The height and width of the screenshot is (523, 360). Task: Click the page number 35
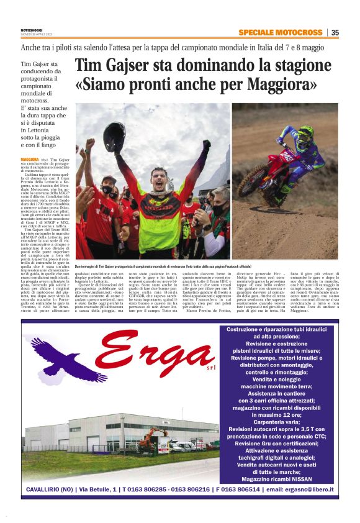335,33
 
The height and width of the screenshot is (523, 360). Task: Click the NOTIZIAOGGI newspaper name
32,30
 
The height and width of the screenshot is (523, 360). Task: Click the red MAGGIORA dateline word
30,160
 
